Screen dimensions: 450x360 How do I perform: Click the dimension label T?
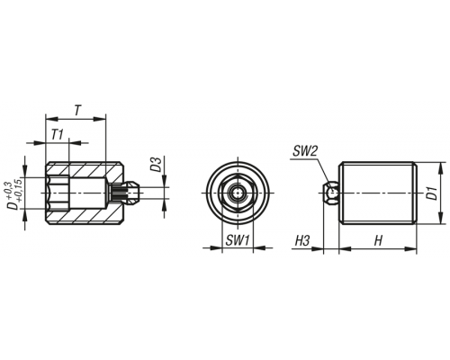(77, 111)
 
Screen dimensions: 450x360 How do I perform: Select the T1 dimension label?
(57, 135)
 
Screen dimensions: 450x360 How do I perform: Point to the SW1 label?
(238, 240)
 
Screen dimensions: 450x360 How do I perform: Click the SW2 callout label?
(304, 151)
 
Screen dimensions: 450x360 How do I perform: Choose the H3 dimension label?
(302, 240)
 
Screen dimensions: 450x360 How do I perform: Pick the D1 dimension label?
(432, 193)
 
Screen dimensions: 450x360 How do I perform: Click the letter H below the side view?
(379, 240)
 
